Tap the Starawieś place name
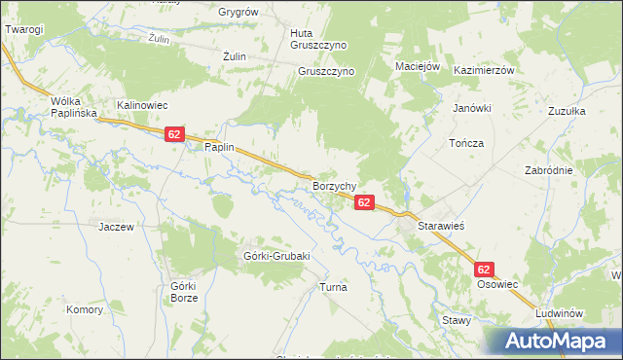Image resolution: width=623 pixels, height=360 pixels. click(444, 225)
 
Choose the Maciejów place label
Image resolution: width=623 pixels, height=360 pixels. click(420, 66)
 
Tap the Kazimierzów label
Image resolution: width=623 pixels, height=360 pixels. click(483, 72)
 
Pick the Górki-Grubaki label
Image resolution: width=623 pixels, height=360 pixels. click(275, 256)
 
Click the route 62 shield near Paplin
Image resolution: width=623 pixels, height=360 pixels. click(174, 135)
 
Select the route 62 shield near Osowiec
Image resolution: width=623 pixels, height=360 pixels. click(484, 269)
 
